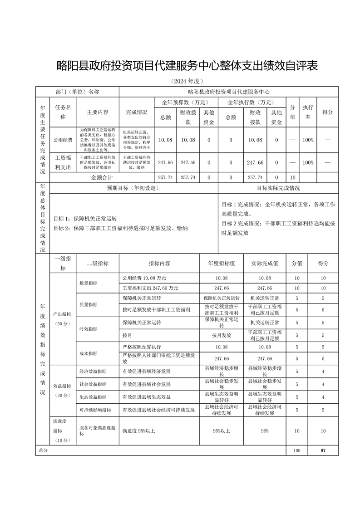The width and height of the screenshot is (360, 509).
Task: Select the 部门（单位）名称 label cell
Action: pos(77,91)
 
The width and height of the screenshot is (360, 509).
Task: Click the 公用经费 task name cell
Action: pos(63,140)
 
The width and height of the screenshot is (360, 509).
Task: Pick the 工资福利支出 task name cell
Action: pos(63,162)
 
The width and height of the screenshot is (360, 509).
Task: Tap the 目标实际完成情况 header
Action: pos(278,188)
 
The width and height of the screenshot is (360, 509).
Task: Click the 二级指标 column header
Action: pos(94,263)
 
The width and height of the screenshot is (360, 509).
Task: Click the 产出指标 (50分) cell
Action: pos(63,318)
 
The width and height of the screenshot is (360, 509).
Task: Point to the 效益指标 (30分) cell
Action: pos(63,391)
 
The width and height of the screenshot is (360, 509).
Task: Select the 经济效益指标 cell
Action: pos(93,372)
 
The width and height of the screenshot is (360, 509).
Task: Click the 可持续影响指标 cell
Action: pos(95,410)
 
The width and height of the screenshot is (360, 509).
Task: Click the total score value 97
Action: pos(322,451)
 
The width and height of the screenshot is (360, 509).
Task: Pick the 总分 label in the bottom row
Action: pos(43,451)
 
